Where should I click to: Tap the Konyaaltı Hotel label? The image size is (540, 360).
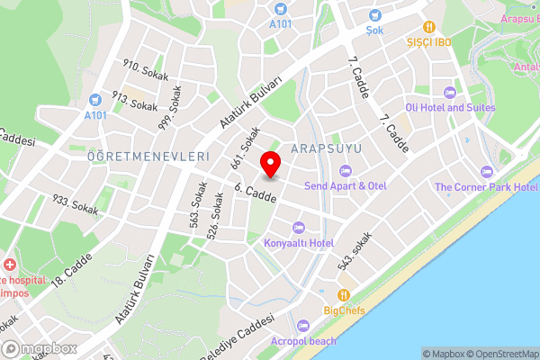pyautogui.click(x=299, y=243)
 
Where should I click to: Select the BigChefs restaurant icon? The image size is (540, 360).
pyautogui.click(x=343, y=295)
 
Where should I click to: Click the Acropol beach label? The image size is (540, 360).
pyautogui.click(x=304, y=341)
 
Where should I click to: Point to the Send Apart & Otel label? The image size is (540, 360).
pyautogui.click(x=345, y=185)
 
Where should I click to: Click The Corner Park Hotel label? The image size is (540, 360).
pyautogui.click(x=486, y=186)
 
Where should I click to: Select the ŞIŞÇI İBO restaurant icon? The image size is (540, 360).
pyautogui.click(x=429, y=26)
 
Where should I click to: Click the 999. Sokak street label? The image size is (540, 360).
pyautogui.click(x=170, y=108)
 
